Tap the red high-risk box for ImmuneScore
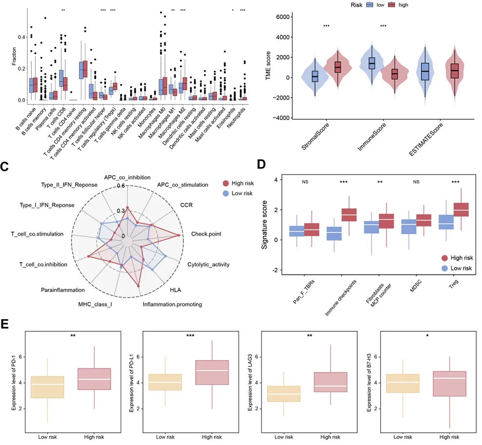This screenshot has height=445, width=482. (x=387, y=74)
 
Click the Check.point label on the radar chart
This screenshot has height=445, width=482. (x=206, y=234)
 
